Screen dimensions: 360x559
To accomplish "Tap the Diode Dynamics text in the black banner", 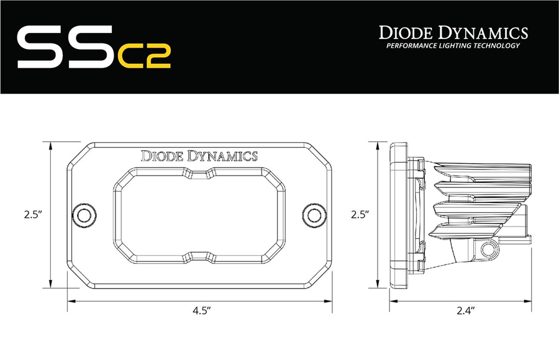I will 453,33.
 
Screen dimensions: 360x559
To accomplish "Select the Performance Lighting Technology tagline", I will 453,46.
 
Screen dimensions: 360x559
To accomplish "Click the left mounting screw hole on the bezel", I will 81,215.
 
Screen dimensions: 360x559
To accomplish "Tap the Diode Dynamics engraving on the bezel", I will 199,156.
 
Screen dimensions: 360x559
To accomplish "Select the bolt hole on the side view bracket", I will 488,250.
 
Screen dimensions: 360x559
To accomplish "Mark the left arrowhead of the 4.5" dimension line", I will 70,302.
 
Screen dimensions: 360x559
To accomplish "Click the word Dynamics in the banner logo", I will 488,33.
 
